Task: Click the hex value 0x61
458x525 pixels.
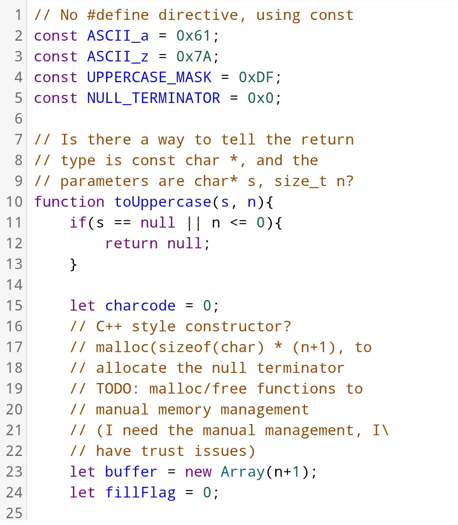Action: [x=193, y=36]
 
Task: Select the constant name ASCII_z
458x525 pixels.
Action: [x=118, y=57]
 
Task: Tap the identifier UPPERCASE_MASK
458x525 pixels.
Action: [x=149, y=78]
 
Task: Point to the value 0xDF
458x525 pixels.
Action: [x=256, y=78]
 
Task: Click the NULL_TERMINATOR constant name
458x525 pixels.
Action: [x=154, y=98]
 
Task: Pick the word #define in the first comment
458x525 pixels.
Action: [x=118, y=15]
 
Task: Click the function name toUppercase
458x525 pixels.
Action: [x=162, y=202]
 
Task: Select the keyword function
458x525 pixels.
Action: [x=69, y=202]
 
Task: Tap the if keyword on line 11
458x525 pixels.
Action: [x=78, y=223]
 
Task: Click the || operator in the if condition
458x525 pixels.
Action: [x=193, y=223]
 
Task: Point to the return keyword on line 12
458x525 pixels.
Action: [x=131, y=244]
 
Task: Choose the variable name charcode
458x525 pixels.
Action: [x=140, y=306]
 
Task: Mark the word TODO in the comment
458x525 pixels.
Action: [x=114, y=389]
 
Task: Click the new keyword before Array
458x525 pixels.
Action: [x=198, y=472]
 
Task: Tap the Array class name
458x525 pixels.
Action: [x=243, y=472]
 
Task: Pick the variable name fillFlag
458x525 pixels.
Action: [x=140, y=493]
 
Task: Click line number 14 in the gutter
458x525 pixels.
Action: [x=14, y=285]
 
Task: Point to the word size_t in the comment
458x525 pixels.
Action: [x=300, y=181]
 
